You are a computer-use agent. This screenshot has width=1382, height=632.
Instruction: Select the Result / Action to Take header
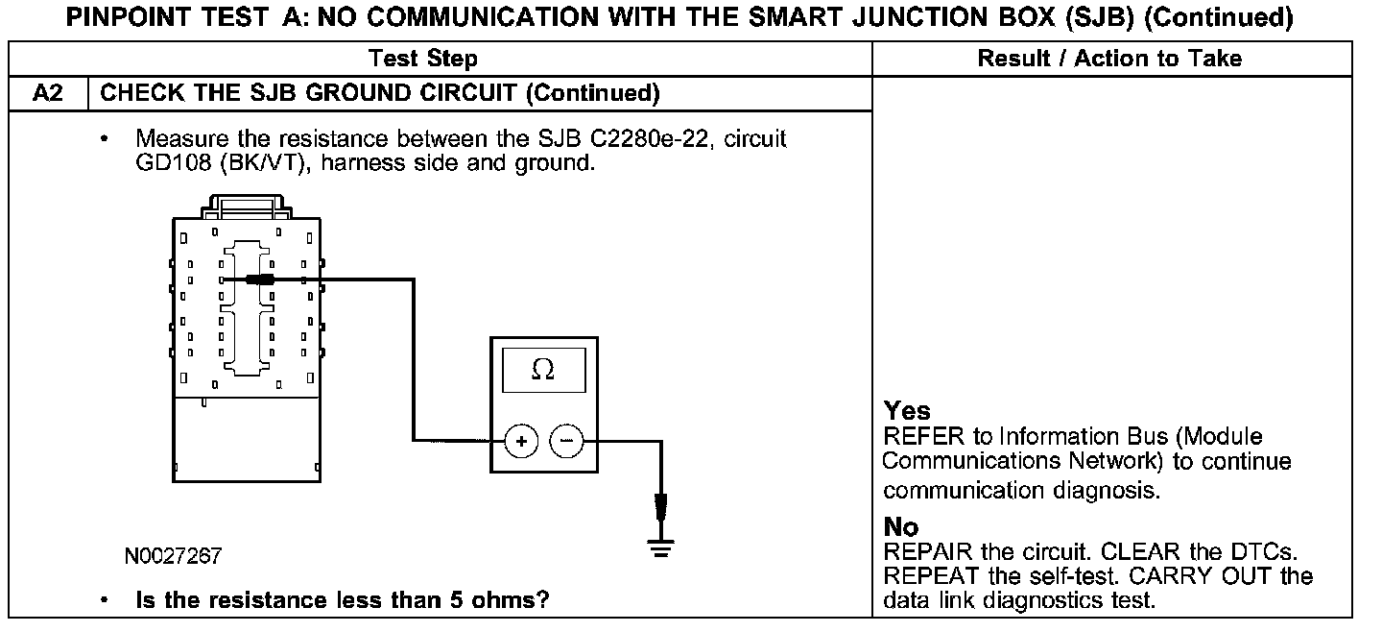click(x=1109, y=59)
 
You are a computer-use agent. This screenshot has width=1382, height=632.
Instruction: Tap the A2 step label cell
click(x=48, y=93)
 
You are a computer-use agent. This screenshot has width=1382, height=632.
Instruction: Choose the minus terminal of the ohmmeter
click(x=566, y=442)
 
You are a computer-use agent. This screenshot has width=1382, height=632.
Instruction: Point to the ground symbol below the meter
click(x=660, y=548)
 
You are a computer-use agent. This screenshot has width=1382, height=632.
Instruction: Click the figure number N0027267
click(x=173, y=556)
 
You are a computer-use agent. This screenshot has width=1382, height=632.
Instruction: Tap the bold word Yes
click(x=907, y=411)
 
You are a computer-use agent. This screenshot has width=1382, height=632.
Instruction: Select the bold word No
click(x=901, y=527)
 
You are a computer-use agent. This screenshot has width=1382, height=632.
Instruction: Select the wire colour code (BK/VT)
click(x=265, y=162)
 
